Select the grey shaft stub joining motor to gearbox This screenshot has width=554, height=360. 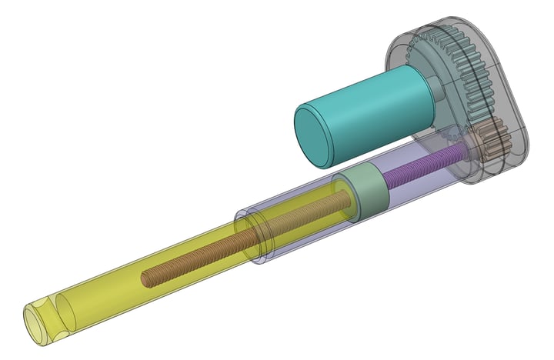(x=436, y=91)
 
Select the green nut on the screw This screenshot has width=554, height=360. (x=365, y=193)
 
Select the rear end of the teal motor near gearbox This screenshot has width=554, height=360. (x=419, y=88)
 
